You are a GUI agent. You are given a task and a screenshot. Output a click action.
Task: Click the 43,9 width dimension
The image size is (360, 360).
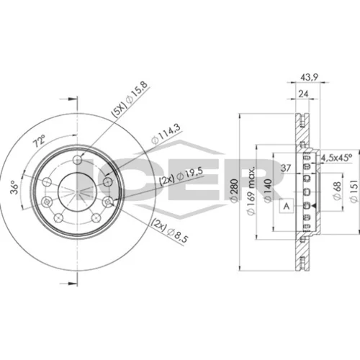click(x=309, y=77)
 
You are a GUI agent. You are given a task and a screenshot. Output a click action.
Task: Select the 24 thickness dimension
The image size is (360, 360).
click(x=303, y=94)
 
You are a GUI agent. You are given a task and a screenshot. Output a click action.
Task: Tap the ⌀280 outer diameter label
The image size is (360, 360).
click(x=235, y=189)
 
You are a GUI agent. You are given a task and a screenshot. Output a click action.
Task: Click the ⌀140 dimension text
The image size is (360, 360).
click(x=268, y=190)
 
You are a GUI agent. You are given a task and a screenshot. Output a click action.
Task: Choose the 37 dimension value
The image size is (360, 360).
click(x=286, y=168)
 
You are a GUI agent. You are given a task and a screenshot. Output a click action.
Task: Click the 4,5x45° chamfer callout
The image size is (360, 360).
click(x=336, y=158)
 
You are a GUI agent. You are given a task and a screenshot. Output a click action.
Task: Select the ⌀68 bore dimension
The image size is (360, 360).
click(x=337, y=191)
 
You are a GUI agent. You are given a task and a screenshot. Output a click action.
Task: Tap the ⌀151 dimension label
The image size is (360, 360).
click(x=354, y=192)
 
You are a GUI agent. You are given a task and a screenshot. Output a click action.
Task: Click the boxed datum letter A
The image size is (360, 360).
click(x=287, y=206)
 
